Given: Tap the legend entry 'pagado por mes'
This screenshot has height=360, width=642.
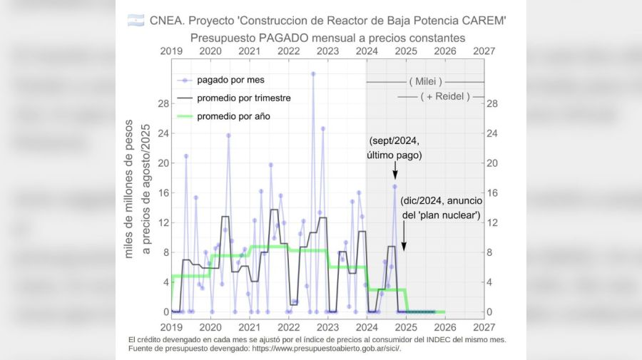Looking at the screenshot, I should click(x=230, y=80).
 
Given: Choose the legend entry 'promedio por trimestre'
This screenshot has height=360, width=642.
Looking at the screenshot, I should click(x=243, y=98).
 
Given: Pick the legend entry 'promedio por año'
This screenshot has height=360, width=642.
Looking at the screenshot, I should click(x=233, y=116).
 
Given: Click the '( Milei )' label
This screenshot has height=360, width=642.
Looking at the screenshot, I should click(x=425, y=81).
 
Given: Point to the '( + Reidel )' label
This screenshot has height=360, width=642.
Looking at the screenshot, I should click(x=444, y=97).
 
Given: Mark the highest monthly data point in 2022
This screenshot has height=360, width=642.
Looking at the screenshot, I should click(x=312, y=73).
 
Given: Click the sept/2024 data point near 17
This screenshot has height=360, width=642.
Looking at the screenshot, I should click(x=394, y=187).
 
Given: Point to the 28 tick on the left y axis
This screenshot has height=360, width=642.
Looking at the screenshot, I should click(x=164, y=103).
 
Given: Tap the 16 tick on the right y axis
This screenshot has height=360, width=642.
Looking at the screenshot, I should click(x=491, y=193).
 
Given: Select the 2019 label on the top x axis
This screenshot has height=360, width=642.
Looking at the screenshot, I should click(x=171, y=51).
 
